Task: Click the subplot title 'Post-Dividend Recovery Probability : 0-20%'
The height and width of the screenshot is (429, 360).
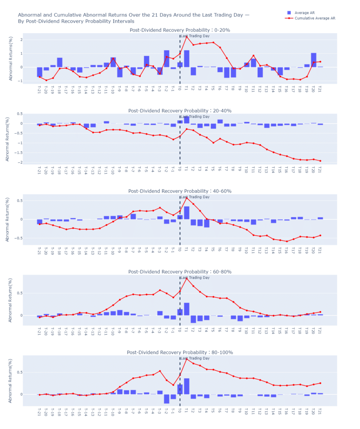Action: (180, 30)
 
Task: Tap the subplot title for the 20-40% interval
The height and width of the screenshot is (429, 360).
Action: (180, 111)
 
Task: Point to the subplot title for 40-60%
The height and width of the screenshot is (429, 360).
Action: (180, 191)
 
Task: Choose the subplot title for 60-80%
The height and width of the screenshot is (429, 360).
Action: (180, 272)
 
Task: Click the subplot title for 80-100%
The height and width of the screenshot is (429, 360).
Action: (180, 352)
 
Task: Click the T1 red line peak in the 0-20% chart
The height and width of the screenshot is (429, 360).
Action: (186, 37)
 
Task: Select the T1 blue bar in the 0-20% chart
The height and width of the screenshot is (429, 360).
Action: (186, 59)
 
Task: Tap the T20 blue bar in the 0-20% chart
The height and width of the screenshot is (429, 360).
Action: (313, 60)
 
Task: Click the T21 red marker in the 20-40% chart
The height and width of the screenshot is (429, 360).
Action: (320, 161)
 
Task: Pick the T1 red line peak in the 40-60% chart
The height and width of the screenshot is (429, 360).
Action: (186, 198)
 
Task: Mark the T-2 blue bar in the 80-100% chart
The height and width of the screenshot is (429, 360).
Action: (166, 399)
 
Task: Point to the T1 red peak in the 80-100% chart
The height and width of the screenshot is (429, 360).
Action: (186, 359)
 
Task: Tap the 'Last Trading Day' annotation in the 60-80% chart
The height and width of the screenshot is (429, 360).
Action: (195, 278)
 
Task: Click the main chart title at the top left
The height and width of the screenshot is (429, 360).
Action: (133, 18)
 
